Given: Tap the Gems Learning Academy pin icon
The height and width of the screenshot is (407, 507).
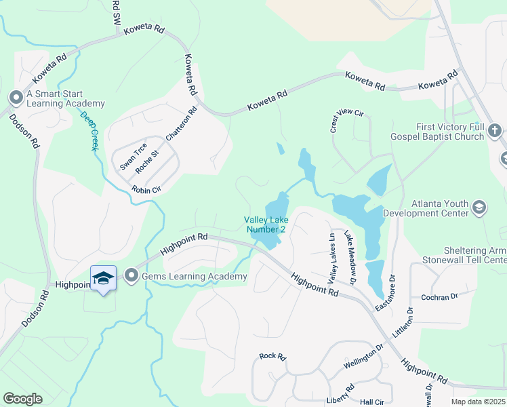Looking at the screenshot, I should (131, 276).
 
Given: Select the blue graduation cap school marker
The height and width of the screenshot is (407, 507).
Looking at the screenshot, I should (103, 279).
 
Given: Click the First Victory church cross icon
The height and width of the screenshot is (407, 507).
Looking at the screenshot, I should (495, 131).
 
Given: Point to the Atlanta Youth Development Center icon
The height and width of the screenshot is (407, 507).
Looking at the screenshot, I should (479, 207).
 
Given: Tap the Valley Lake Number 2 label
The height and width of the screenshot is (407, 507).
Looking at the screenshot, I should (265, 225).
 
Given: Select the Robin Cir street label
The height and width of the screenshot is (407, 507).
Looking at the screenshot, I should (146, 190).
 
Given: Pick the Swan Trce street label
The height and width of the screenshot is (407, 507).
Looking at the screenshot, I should (133, 157).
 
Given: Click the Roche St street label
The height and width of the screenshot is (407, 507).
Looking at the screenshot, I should (146, 161).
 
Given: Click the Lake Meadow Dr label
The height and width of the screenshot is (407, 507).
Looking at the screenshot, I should (350, 257).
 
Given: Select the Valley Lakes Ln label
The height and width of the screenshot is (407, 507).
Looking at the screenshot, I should (332, 257).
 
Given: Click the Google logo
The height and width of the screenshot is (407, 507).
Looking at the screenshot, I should (23, 399).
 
